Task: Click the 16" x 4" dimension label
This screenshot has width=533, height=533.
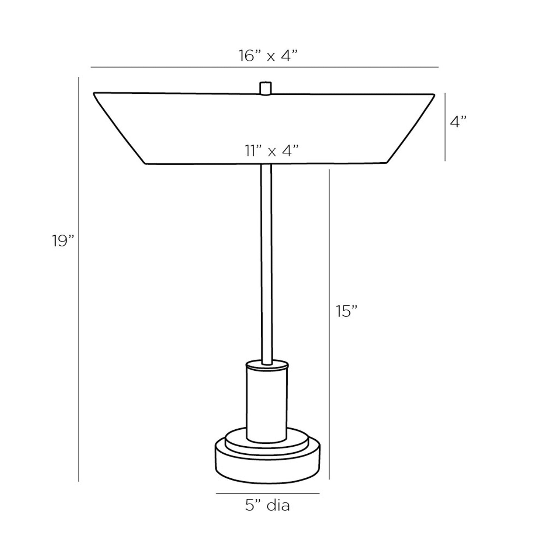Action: coord(267,56)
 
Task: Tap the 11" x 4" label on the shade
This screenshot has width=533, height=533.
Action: coord(272,150)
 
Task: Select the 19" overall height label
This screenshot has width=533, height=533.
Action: coord(63,241)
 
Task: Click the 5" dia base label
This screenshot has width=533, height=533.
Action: coord(267,505)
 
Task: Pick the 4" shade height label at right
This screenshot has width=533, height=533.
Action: coord(458,121)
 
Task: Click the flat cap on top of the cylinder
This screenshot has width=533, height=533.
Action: coord(267,365)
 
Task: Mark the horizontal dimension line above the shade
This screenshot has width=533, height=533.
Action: coord(264,67)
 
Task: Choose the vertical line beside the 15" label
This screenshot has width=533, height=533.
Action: coord(329,325)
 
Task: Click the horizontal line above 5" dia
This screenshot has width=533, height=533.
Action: coord(267,493)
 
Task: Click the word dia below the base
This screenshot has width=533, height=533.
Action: coord(278,505)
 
